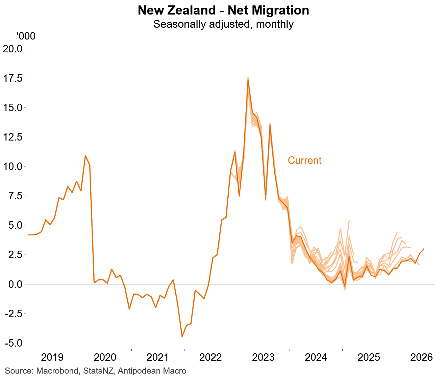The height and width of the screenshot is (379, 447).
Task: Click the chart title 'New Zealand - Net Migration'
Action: (223, 10)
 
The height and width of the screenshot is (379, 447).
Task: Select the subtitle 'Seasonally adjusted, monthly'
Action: (223, 24)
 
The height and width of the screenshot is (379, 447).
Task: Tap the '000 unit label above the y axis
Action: (26, 36)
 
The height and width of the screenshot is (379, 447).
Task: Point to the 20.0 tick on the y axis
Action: (13, 49)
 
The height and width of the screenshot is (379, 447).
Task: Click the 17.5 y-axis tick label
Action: (13, 78)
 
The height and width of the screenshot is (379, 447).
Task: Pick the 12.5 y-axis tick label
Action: (13, 137)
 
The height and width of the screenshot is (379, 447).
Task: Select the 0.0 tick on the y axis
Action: (15, 284)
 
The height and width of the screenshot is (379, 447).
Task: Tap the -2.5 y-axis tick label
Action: (14, 314)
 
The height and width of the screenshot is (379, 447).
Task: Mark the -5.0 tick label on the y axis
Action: (14, 343)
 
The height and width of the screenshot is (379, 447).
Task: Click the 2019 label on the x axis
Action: (52, 357)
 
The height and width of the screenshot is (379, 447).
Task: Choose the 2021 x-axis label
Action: (158, 357)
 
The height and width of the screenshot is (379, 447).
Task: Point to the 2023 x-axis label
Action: (263, 357)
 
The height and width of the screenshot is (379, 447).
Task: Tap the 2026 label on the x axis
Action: (421, 357)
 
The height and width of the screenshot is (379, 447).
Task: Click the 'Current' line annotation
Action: (304, 161)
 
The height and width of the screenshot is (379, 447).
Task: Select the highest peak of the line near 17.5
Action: (248, 80)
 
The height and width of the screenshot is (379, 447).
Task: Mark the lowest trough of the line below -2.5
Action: (182, 336)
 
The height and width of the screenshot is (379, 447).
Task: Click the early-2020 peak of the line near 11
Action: (85, 156)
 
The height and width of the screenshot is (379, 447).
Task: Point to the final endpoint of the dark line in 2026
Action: (424, 249)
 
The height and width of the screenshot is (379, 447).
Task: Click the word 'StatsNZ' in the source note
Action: (98, 371)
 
